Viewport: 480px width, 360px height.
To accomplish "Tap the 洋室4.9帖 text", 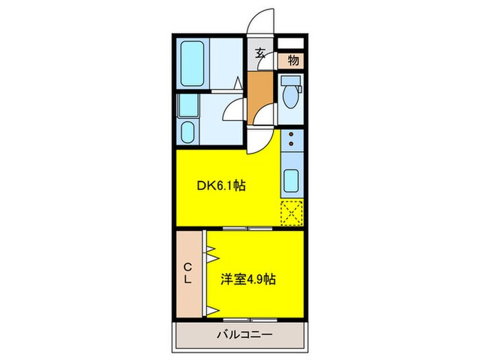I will (248, 280).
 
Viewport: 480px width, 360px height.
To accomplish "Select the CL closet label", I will (187, 274).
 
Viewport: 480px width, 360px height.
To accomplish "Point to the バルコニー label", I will (244, 336).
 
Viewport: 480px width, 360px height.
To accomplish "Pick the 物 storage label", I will (293, 60).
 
